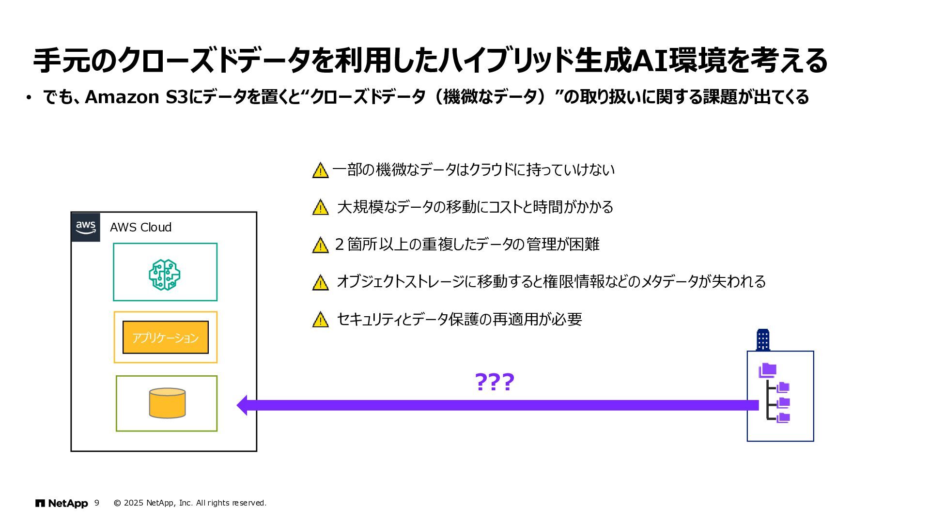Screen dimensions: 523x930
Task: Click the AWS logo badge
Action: coord(86,227)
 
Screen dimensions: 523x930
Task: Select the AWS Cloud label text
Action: coord(140,227)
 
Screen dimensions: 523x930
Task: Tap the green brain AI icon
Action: coord(165,275)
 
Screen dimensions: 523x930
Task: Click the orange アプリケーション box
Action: coord(165,338)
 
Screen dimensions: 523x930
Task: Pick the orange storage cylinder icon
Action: coord(167,403)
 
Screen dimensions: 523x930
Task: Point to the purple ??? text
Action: coord(494,383)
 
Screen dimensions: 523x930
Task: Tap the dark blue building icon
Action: coord(762,339)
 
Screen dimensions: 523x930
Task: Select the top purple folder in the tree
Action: coord(767,370)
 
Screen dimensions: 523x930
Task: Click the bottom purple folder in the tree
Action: coord(783,417)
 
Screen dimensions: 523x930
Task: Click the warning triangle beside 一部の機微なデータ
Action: coord(320,170)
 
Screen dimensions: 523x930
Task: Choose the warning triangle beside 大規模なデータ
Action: coord(320,208)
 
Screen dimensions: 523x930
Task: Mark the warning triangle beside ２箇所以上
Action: coord(320,246)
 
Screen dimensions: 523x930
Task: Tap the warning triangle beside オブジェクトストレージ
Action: coord(320,283)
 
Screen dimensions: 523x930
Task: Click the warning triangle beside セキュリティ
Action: coord(320,320)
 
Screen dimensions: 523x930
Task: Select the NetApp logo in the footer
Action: coord(62,503)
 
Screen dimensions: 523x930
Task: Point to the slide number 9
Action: coord(97,503)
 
